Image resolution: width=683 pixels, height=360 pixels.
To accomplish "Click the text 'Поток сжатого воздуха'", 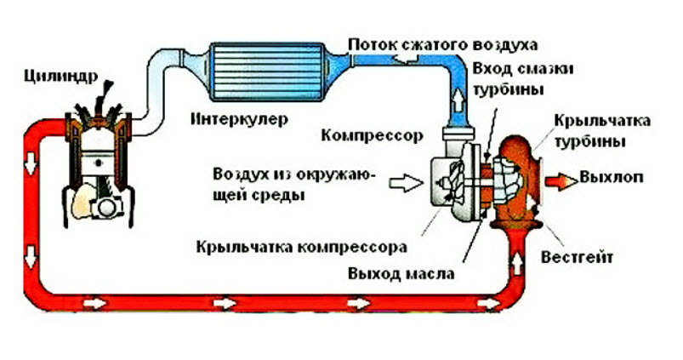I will (441, 43).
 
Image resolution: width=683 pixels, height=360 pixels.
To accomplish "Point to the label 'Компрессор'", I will (367, 134).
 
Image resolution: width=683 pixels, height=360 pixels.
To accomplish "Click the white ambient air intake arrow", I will (404, 181).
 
